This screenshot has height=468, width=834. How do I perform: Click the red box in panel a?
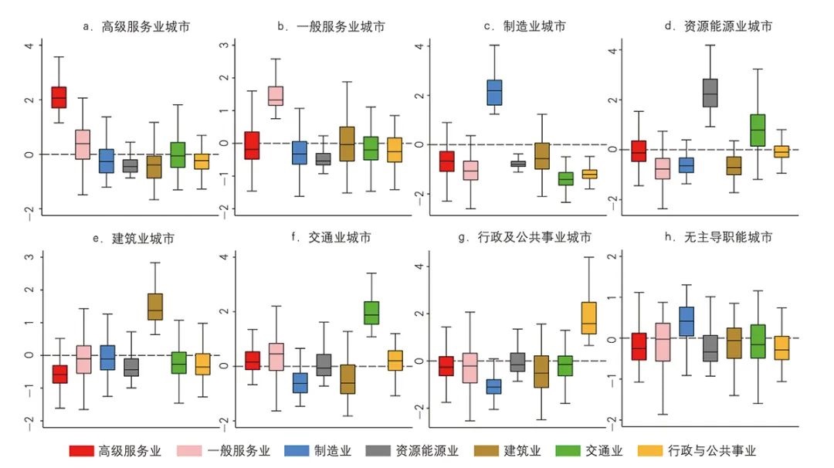click(59, 97)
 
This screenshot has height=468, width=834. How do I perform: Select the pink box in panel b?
click(276, 96)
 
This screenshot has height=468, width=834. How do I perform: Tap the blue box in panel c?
click(494, 92)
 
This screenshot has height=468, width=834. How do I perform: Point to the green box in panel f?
click(371, 313)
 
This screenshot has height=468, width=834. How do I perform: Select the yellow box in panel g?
click(589, 318)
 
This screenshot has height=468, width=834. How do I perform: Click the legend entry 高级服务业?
click(114, 451)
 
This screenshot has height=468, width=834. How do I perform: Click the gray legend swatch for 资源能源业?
click(366, 451)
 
